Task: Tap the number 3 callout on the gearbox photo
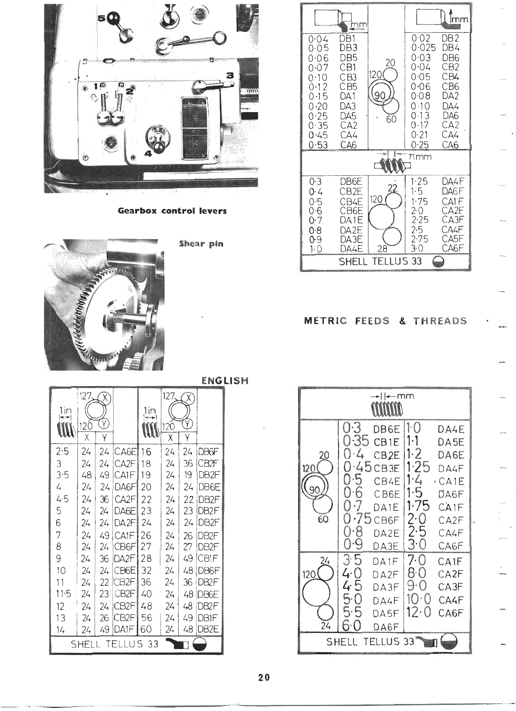tap(231, 75)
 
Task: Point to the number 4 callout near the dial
tap(148, 153)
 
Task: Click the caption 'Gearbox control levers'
tap(172, 211)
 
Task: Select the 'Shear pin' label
tap(201, 244)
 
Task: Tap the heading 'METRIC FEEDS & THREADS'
tap(385, 321)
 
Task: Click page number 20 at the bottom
tap(263, 677)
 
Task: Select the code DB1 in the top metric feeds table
tap(348, 39)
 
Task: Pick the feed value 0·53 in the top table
tap(318, 145)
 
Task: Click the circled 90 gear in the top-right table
tap(380, 95)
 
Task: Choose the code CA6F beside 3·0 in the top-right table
tap(453, 249)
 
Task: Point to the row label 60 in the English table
tap(146, 629)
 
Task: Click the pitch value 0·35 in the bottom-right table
tap(356, 442)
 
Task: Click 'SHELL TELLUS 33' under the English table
tap(115, 644)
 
